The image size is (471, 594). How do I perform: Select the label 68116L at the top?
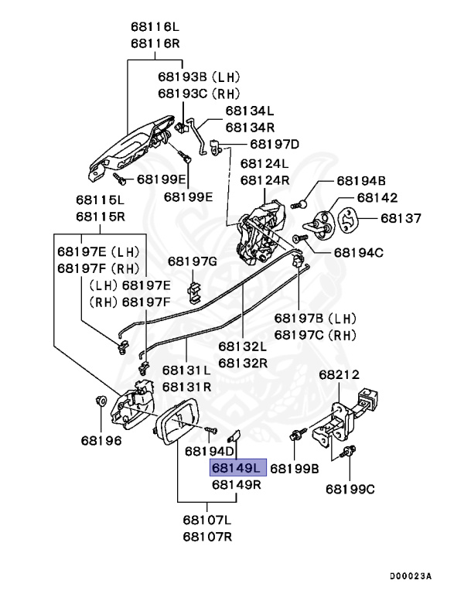[x=156, y=26]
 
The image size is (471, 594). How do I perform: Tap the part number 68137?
[x=400, y=219]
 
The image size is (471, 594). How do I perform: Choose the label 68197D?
[x=275, y=144]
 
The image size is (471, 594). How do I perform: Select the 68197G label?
[x=193, y=261]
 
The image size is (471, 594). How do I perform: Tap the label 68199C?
[x=350, y=488]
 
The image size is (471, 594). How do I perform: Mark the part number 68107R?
[x=207, y=535]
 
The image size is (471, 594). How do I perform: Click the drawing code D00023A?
[x=411, y=576]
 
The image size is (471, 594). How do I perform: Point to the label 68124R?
[x=265, y=179]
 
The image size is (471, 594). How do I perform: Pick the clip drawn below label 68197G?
[x=195, y=292]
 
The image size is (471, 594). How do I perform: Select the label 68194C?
[x=360, y=252]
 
